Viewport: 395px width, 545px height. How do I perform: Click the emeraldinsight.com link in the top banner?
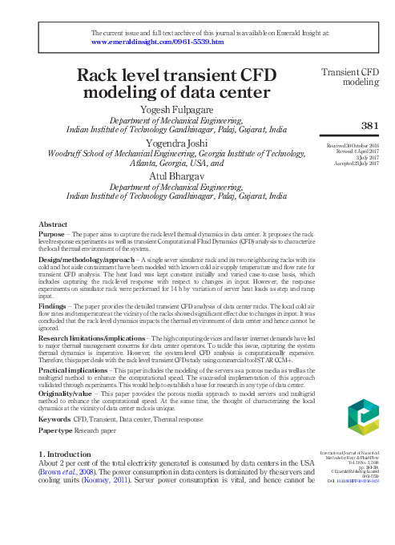pyautogui.click(x=158, y=41)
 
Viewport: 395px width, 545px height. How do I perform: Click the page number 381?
pyautogui.click(x=370, y=125)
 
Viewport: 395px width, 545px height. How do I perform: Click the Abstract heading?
pyautogui.click(x=53, y=225)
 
